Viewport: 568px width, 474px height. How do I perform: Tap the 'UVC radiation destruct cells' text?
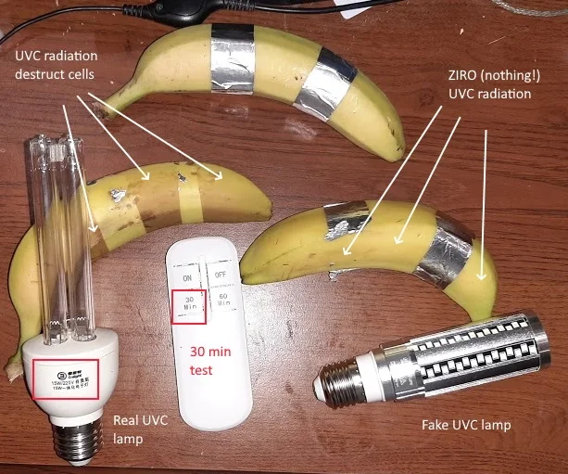click(58, 66)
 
